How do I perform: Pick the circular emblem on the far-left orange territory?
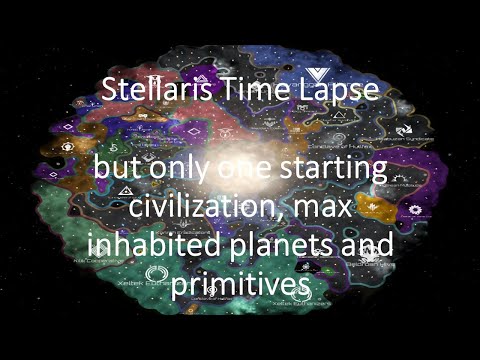[68, 146]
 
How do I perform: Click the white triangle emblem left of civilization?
[126, 190]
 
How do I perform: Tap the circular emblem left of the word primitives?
[156, 273]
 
